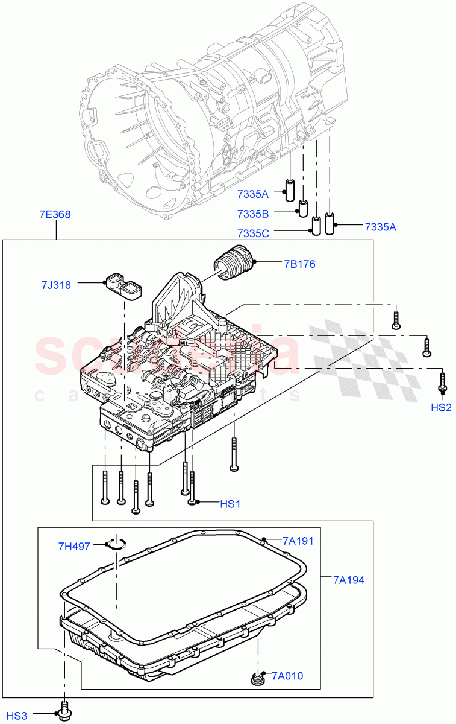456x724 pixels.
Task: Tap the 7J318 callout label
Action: point(56,285)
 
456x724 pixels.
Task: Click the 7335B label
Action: point(254,213)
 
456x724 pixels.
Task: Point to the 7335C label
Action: point(254,233)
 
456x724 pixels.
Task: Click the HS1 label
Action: point(230,503)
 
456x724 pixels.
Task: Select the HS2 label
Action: point(441,407)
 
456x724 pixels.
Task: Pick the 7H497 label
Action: point(74,547)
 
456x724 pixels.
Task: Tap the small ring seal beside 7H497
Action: point(118,545)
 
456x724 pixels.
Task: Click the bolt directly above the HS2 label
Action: point(442,382)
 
